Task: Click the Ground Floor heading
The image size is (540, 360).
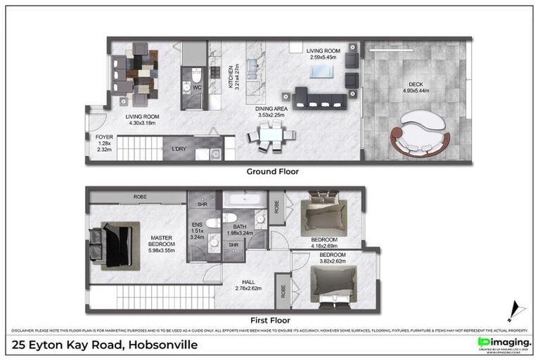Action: tap(272, 171)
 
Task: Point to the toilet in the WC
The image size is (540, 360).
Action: tap(196, 75)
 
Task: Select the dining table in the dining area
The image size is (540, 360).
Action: tap(268, 134)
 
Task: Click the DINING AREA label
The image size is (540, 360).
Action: tap(270, 110)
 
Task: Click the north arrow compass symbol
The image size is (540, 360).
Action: tap(515, 310)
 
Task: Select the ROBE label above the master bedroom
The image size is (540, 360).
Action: tap(140, 197)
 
